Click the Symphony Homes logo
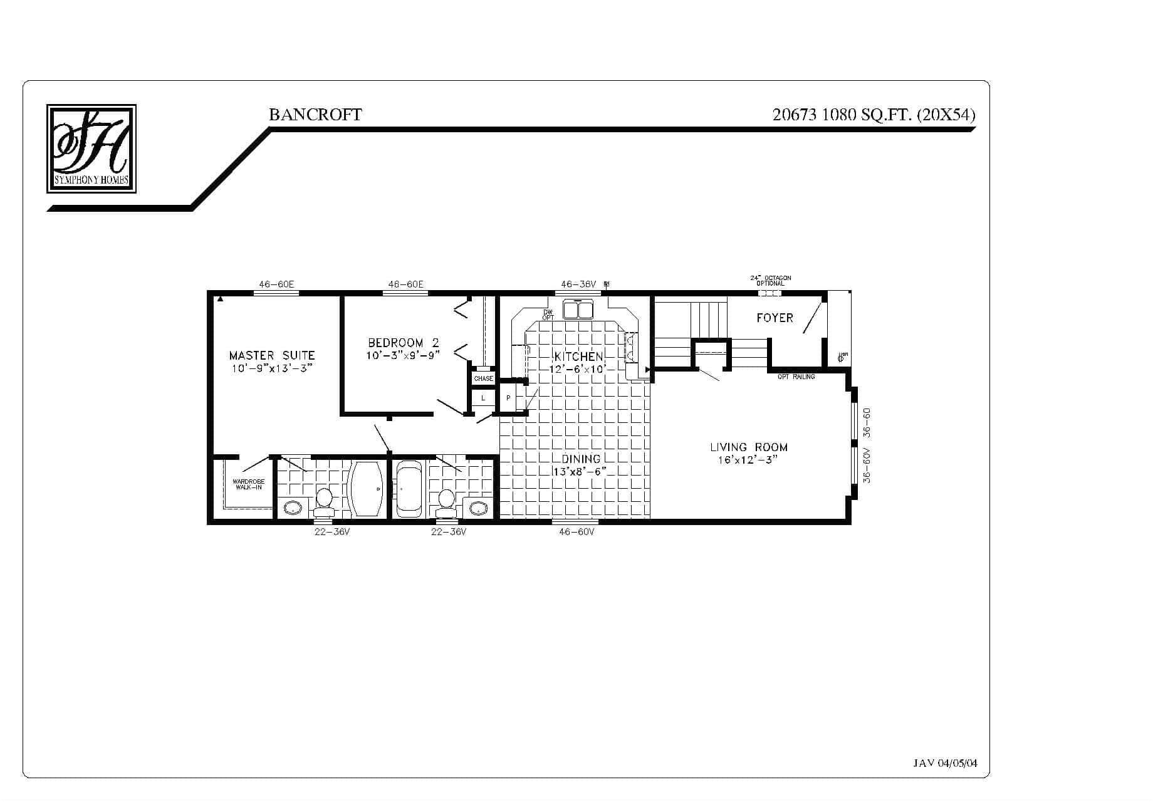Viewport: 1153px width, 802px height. click(91, 148)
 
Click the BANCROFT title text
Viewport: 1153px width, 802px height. click(315, 115)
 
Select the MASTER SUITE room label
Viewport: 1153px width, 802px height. click(272, 356)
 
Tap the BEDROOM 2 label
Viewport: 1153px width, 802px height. click(404, 343)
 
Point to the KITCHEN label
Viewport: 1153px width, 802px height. click(578, 357)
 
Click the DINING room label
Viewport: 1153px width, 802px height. click(581, 459)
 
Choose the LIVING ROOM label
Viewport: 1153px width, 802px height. click(749, 447)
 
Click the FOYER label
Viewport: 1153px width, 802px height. click(775, 318)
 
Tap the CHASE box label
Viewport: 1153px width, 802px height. click(483, 378)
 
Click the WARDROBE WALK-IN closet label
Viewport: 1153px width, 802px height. click(248, 484)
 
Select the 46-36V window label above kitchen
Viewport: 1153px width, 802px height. click(578, 284)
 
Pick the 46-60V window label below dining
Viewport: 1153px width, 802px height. click(576, 532)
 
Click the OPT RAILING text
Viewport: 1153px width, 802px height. click(796, 377)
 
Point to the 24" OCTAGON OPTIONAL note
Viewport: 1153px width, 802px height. click(770, 280)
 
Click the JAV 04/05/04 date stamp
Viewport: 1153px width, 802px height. click(945, 763)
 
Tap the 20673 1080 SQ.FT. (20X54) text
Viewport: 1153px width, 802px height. click(874, 115)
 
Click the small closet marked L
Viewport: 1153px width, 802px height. click(483, 398)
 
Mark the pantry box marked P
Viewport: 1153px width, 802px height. click(508, 398)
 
